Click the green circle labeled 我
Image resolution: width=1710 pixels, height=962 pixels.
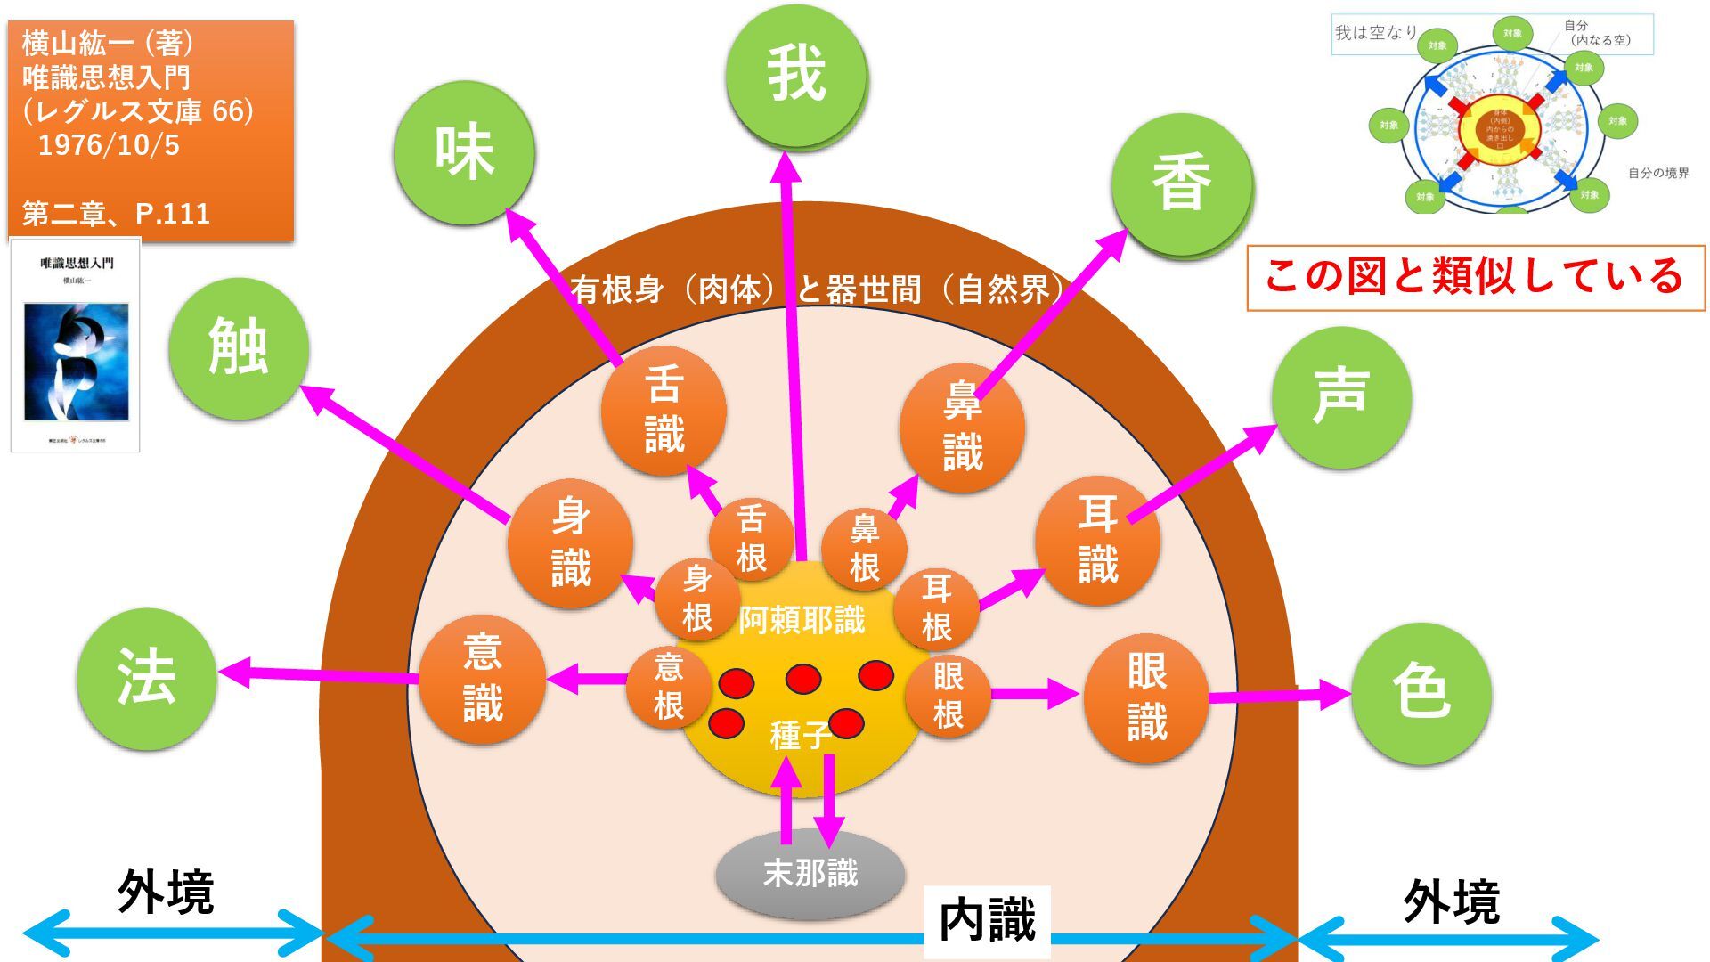(796, 76)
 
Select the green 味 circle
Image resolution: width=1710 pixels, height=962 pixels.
(464, 152)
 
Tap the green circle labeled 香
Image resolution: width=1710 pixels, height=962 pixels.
(1182, 183)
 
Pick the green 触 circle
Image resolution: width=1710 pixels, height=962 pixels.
(239, 348)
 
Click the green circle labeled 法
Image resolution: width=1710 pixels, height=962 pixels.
(147, 677)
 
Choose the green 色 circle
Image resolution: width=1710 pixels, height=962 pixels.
(1421, 692)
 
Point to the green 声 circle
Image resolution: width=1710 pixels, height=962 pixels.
(1340, 397)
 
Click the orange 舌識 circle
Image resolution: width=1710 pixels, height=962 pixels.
(664, 411)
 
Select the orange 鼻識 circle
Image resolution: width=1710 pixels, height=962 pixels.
(962, 428)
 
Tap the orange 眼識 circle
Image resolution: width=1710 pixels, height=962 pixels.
(1145, 697)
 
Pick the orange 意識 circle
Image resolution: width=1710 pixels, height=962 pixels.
(482, 679)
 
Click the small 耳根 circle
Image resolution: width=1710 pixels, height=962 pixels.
(936, 608)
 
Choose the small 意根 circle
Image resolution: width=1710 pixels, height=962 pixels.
(669, 687)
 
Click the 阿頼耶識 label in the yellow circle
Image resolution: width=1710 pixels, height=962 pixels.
(802, 620)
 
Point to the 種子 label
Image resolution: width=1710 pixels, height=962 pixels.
(799, 736)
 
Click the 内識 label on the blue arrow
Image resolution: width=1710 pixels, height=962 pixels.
(987, 921)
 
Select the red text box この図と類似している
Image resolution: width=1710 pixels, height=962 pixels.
(1475, 277)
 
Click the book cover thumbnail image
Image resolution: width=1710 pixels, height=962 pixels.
(76, 345)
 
